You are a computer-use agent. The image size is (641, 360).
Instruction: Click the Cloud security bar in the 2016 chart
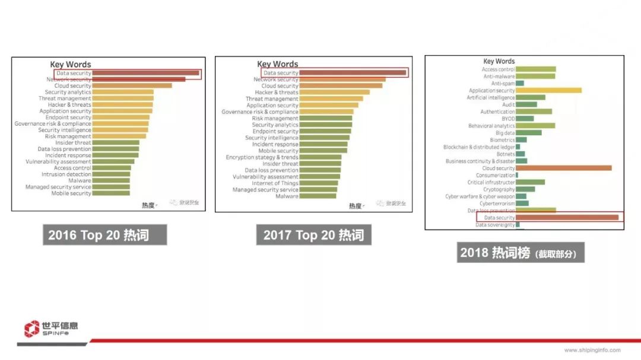tap(132, 86)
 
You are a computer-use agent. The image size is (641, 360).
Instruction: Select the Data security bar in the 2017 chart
tap(353, 73)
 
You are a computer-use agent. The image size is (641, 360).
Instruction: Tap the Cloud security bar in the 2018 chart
tap(563, 168)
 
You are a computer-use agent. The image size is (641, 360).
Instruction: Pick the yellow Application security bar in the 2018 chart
tap(548, 91)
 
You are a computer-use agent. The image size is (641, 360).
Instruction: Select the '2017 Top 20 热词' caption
tap(313, 235)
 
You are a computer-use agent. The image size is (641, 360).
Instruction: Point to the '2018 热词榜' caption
tap(520, 253)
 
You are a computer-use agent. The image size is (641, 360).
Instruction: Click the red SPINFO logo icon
tap(32, 329)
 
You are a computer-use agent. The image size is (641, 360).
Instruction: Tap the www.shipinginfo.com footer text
tap(592, 350)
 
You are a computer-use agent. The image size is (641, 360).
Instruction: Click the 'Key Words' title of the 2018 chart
tap(499, 61)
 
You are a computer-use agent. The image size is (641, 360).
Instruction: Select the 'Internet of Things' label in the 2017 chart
tap(275, 183)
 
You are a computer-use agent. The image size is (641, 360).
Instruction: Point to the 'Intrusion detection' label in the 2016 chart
tap(66, 174)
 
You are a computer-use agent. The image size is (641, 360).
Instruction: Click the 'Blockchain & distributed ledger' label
tap(479, 147)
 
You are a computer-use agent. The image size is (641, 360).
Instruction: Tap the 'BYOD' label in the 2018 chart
tap(508, 119)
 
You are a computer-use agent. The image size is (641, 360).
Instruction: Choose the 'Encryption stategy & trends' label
tap(262, 158)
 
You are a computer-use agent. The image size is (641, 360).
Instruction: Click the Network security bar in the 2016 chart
tap(139, 79)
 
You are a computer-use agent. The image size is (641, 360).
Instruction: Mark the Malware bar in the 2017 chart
tap(318, 196)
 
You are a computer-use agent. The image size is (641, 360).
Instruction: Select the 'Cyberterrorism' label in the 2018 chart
tap(497, 203)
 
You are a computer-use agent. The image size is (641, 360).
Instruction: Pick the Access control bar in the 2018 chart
tap(535, 69)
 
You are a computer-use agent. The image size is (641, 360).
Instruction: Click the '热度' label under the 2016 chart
tap(148, 205)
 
